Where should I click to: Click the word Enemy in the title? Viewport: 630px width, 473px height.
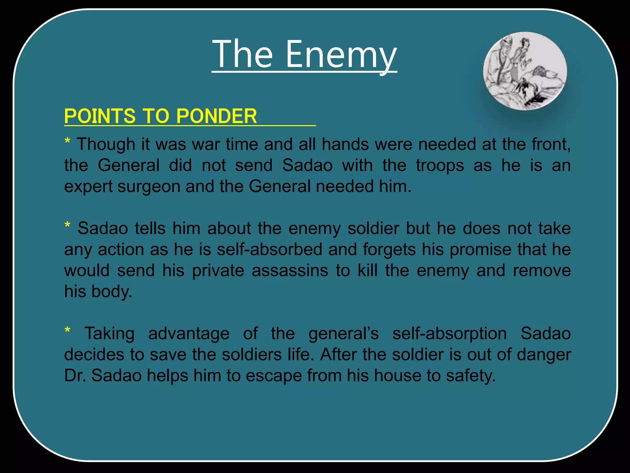point(341,55)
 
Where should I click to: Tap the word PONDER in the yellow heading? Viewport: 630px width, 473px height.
point(217,116)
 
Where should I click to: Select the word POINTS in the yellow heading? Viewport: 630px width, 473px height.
point(100,116)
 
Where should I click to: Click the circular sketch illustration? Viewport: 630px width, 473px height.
point(525,71)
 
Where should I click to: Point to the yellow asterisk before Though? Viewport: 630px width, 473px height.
point(67,142)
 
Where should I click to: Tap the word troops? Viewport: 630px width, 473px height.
point(440,165)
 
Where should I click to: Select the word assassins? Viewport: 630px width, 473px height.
point(290,271)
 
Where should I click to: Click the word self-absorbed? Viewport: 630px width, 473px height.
point(269,249)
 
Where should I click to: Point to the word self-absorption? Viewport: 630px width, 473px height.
point(449,334)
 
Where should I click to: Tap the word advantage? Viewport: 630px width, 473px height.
point(189,334)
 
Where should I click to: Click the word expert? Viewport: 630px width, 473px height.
point(88,187)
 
